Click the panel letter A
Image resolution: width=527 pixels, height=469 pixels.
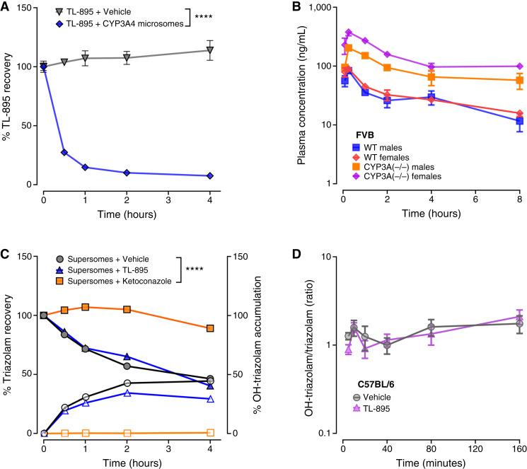(x=6, y=7)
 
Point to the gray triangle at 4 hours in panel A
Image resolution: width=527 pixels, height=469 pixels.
(x=209, y=50)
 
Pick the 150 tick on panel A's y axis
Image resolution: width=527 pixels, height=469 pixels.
(x=28, y=7)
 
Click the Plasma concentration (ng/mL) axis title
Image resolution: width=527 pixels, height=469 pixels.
(x=290, y=95)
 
